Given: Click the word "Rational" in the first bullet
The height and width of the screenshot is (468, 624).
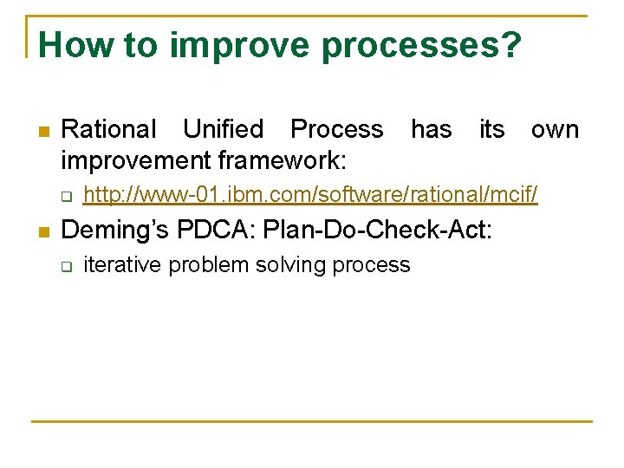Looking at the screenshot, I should click(109, 129).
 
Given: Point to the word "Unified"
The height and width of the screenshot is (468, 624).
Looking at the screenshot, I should click(223, 129).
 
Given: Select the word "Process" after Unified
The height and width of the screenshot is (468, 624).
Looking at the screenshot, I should click(336, 129).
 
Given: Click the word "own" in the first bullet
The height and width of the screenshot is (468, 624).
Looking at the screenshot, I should click(555, 129).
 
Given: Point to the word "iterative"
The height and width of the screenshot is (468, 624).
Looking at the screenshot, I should click(122, 265).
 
